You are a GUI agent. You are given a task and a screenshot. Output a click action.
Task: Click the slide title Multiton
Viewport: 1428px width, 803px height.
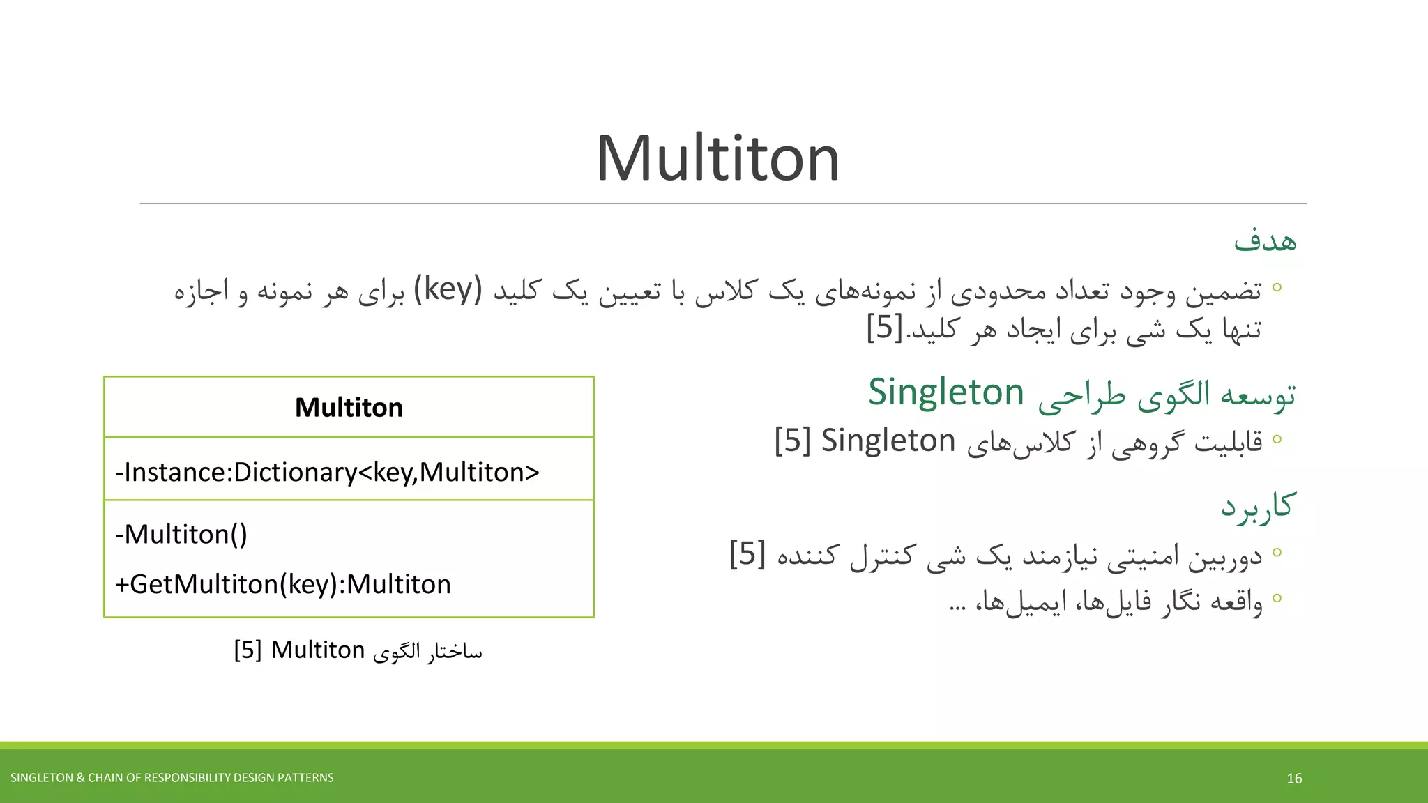717,159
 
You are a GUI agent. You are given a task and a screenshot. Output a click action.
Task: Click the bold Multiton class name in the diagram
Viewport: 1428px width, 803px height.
349,408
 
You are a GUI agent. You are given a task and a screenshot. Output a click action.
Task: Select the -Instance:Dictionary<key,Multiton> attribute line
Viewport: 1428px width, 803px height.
327,473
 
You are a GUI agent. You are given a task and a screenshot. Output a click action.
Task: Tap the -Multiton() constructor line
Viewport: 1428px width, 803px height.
181,535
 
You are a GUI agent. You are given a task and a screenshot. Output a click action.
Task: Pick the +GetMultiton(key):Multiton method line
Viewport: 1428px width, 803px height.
282,584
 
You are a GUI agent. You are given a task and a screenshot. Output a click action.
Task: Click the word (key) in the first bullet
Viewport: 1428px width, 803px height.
448,289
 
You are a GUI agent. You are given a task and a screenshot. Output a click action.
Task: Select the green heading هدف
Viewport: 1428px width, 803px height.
1265,240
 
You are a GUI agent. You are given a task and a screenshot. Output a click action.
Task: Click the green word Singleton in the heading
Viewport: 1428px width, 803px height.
945,392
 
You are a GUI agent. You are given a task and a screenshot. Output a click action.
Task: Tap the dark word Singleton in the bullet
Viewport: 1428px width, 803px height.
888,441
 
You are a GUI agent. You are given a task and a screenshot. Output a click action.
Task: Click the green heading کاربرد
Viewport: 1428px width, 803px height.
1258,505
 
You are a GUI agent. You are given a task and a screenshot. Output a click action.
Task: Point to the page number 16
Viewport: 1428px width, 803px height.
1294,779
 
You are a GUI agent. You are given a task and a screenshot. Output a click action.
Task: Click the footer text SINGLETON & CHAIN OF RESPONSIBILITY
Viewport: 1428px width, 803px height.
172,778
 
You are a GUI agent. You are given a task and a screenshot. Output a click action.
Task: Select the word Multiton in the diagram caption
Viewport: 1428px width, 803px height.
318,650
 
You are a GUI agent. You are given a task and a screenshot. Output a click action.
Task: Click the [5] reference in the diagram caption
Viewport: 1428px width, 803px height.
248,650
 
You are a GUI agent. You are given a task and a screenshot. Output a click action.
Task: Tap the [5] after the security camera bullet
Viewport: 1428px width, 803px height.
747,554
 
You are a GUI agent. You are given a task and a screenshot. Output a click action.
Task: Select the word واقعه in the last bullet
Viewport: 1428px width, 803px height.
1237,601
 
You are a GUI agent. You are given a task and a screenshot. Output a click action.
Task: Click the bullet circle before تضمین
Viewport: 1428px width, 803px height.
1277,287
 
